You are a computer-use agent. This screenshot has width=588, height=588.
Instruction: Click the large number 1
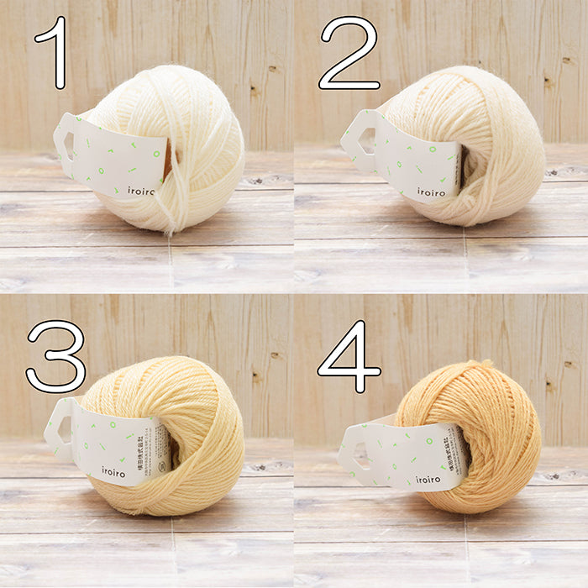56,52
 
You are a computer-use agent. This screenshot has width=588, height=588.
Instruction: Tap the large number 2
349,52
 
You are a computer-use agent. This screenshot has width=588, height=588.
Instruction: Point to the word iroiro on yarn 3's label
113,471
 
